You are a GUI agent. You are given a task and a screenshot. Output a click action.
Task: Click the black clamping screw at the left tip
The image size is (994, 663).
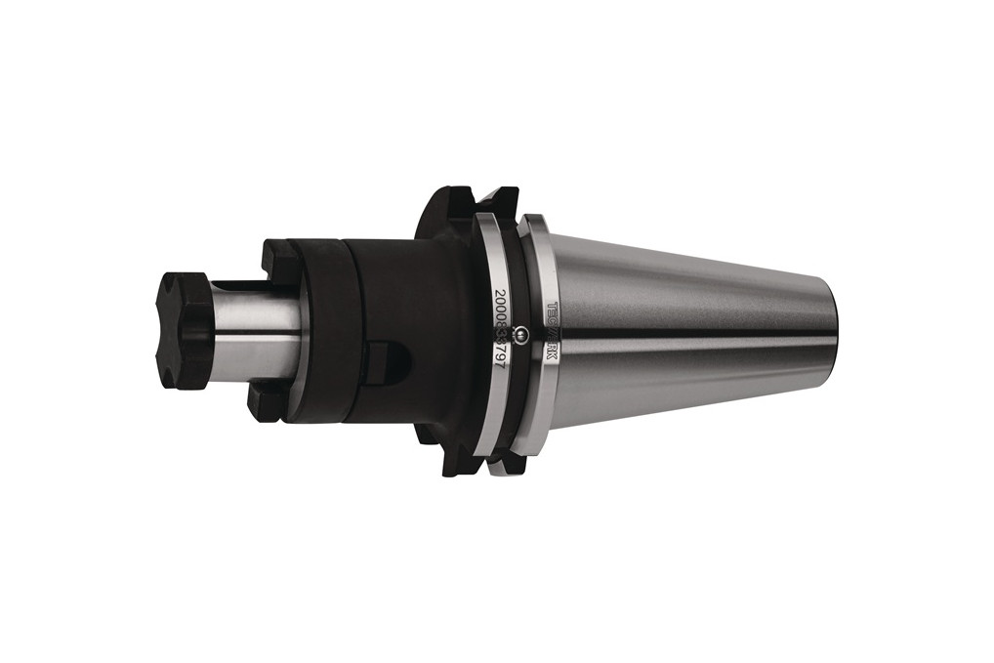(186, 330)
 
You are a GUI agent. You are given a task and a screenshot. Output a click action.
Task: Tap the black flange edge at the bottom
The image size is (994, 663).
(459, 464)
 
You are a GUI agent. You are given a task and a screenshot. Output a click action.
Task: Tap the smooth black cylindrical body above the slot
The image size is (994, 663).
(400, 293)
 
